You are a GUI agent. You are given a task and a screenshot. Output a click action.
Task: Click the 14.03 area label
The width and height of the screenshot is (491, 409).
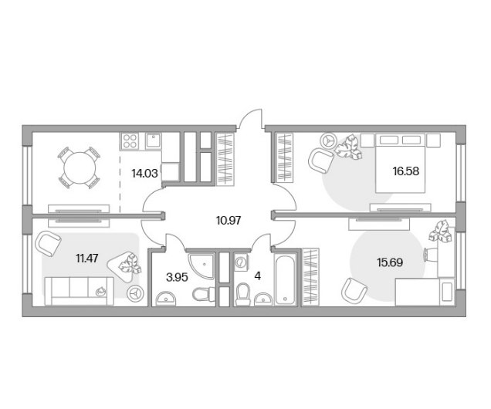(144, 173)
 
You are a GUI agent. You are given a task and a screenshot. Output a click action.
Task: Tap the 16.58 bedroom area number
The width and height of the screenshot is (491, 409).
(406, 171)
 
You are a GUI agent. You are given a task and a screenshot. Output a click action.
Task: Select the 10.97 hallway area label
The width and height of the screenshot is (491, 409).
(229, 221)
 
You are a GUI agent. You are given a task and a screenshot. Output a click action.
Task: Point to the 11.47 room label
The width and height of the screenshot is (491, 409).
(87, 259)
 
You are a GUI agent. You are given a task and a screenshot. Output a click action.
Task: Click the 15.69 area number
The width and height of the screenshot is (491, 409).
(390, 262)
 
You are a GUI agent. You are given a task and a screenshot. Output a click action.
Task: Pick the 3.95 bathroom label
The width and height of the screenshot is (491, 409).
(177, 277)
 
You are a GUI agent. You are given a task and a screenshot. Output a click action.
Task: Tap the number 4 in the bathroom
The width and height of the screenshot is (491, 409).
(257, 276)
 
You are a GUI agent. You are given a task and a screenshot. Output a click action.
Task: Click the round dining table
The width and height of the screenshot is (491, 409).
(80, 167)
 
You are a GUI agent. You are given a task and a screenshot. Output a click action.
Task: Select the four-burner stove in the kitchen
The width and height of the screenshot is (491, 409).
(130, 140)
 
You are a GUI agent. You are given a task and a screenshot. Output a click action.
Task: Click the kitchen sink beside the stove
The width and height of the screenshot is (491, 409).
(154, 140)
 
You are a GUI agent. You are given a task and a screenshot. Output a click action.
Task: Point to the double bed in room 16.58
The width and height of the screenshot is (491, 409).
(401, 163)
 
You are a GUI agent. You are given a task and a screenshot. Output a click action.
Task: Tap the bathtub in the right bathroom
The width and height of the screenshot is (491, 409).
(285, 279)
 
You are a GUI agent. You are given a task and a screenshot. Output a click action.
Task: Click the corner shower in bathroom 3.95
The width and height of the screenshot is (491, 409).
(202, 265)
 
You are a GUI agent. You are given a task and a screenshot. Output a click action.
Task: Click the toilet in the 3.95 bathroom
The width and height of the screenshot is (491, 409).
(203, 294)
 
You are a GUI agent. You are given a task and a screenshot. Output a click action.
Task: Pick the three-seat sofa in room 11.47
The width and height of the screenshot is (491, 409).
(80, 291)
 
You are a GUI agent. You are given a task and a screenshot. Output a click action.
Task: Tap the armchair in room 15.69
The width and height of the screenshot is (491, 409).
(354, 289)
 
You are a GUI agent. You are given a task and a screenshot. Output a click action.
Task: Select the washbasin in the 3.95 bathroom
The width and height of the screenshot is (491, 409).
(167, 298)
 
